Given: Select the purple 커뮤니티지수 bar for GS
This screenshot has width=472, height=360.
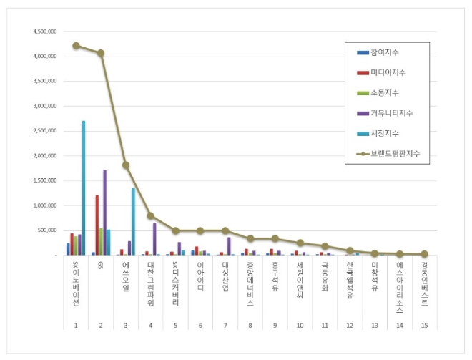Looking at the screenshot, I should coord(104,212).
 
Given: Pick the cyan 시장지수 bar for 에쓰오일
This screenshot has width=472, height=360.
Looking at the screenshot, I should coord(133,221).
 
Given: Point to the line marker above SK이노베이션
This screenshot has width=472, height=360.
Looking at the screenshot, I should coord(75,45).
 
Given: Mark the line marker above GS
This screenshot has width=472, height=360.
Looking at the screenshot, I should coord(101,53).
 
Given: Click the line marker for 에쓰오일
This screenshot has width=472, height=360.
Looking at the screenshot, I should coord(126,165).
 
